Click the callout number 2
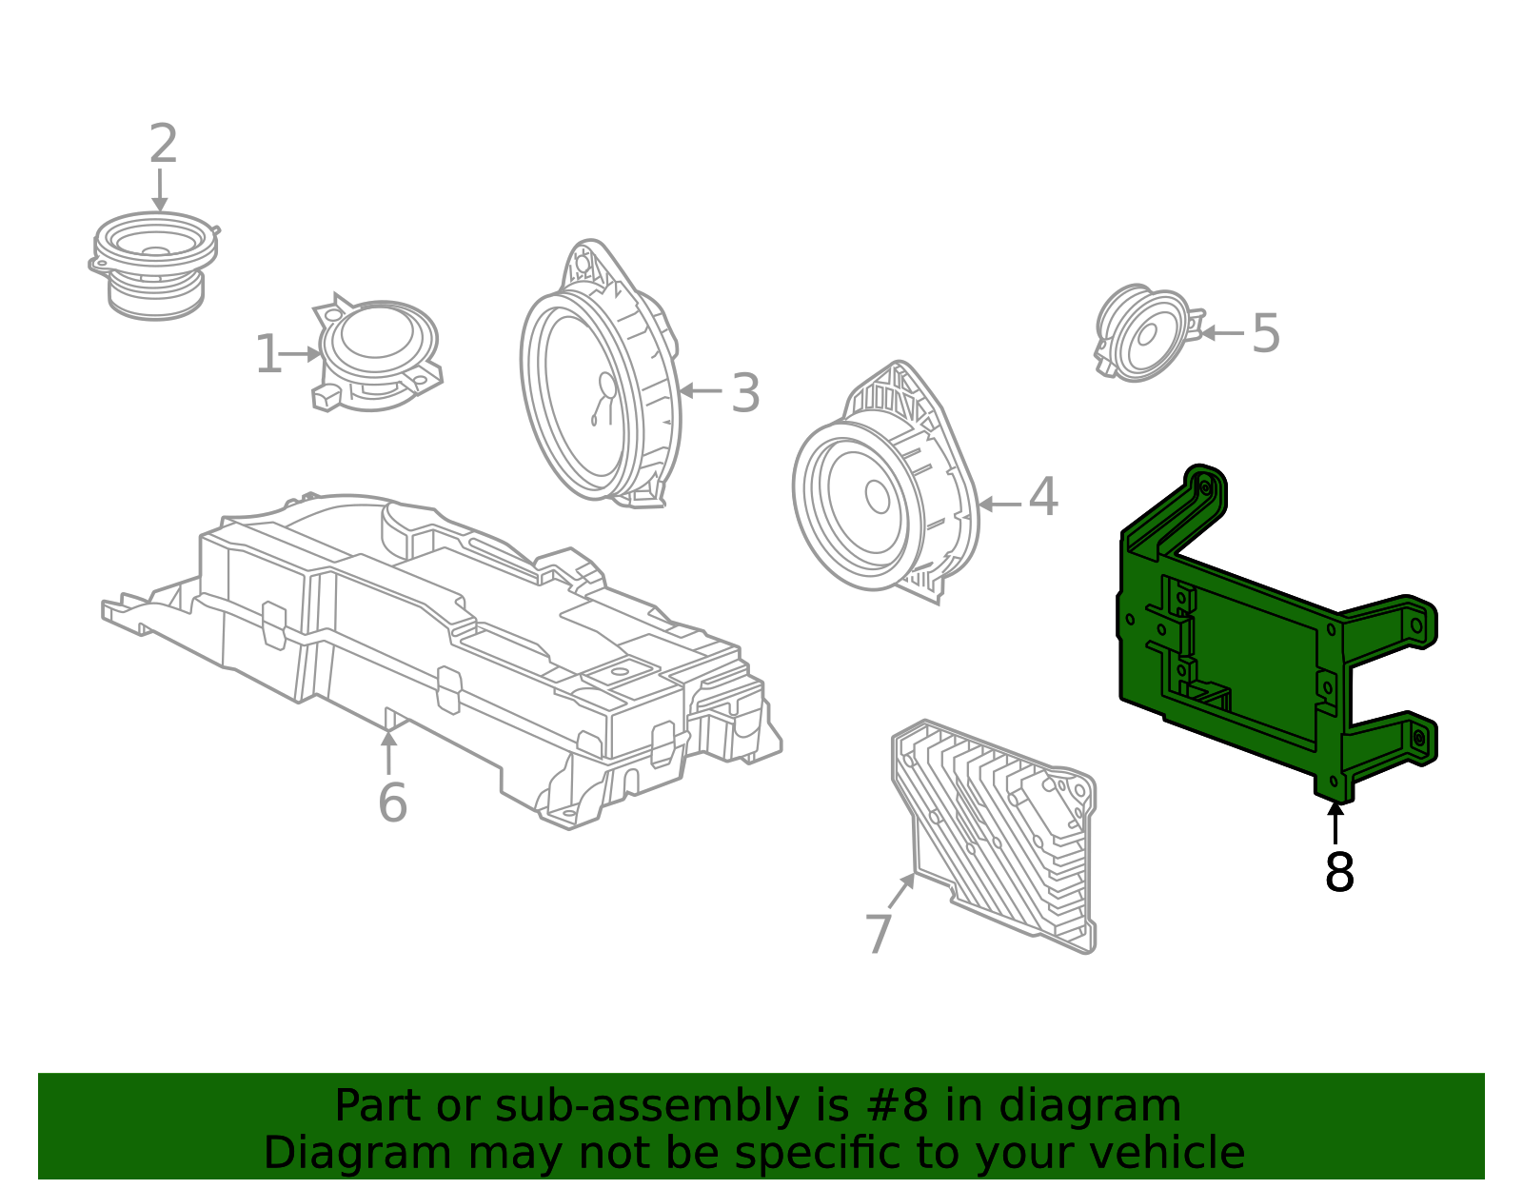164,145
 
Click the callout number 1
268,355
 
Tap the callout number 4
1043,498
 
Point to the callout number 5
1265,334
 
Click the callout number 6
392,803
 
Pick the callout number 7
879,934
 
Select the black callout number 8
1339,872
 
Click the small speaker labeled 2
154,265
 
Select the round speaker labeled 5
1145,333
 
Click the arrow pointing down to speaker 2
160,189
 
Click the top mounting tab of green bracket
1204,487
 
